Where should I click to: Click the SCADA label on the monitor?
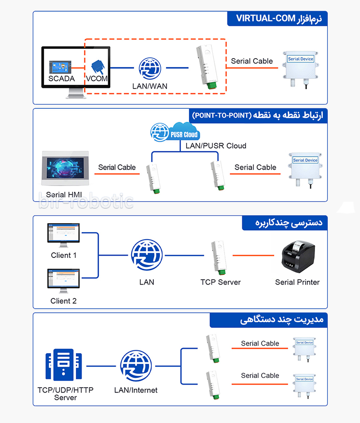61,78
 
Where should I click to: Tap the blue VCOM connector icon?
98,67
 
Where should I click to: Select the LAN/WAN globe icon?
150,68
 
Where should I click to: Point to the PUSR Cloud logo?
175,132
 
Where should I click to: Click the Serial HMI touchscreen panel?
65,168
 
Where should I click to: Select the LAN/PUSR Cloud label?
216,146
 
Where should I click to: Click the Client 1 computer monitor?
63,235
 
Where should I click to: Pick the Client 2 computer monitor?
63,281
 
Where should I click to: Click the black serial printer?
298,257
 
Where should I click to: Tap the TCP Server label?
220,282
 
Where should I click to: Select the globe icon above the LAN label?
147,255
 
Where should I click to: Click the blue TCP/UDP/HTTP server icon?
64,364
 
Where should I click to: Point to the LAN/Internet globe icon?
136,366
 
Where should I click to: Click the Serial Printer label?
297,282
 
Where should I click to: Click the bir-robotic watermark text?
86,201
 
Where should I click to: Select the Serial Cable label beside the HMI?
117,167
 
